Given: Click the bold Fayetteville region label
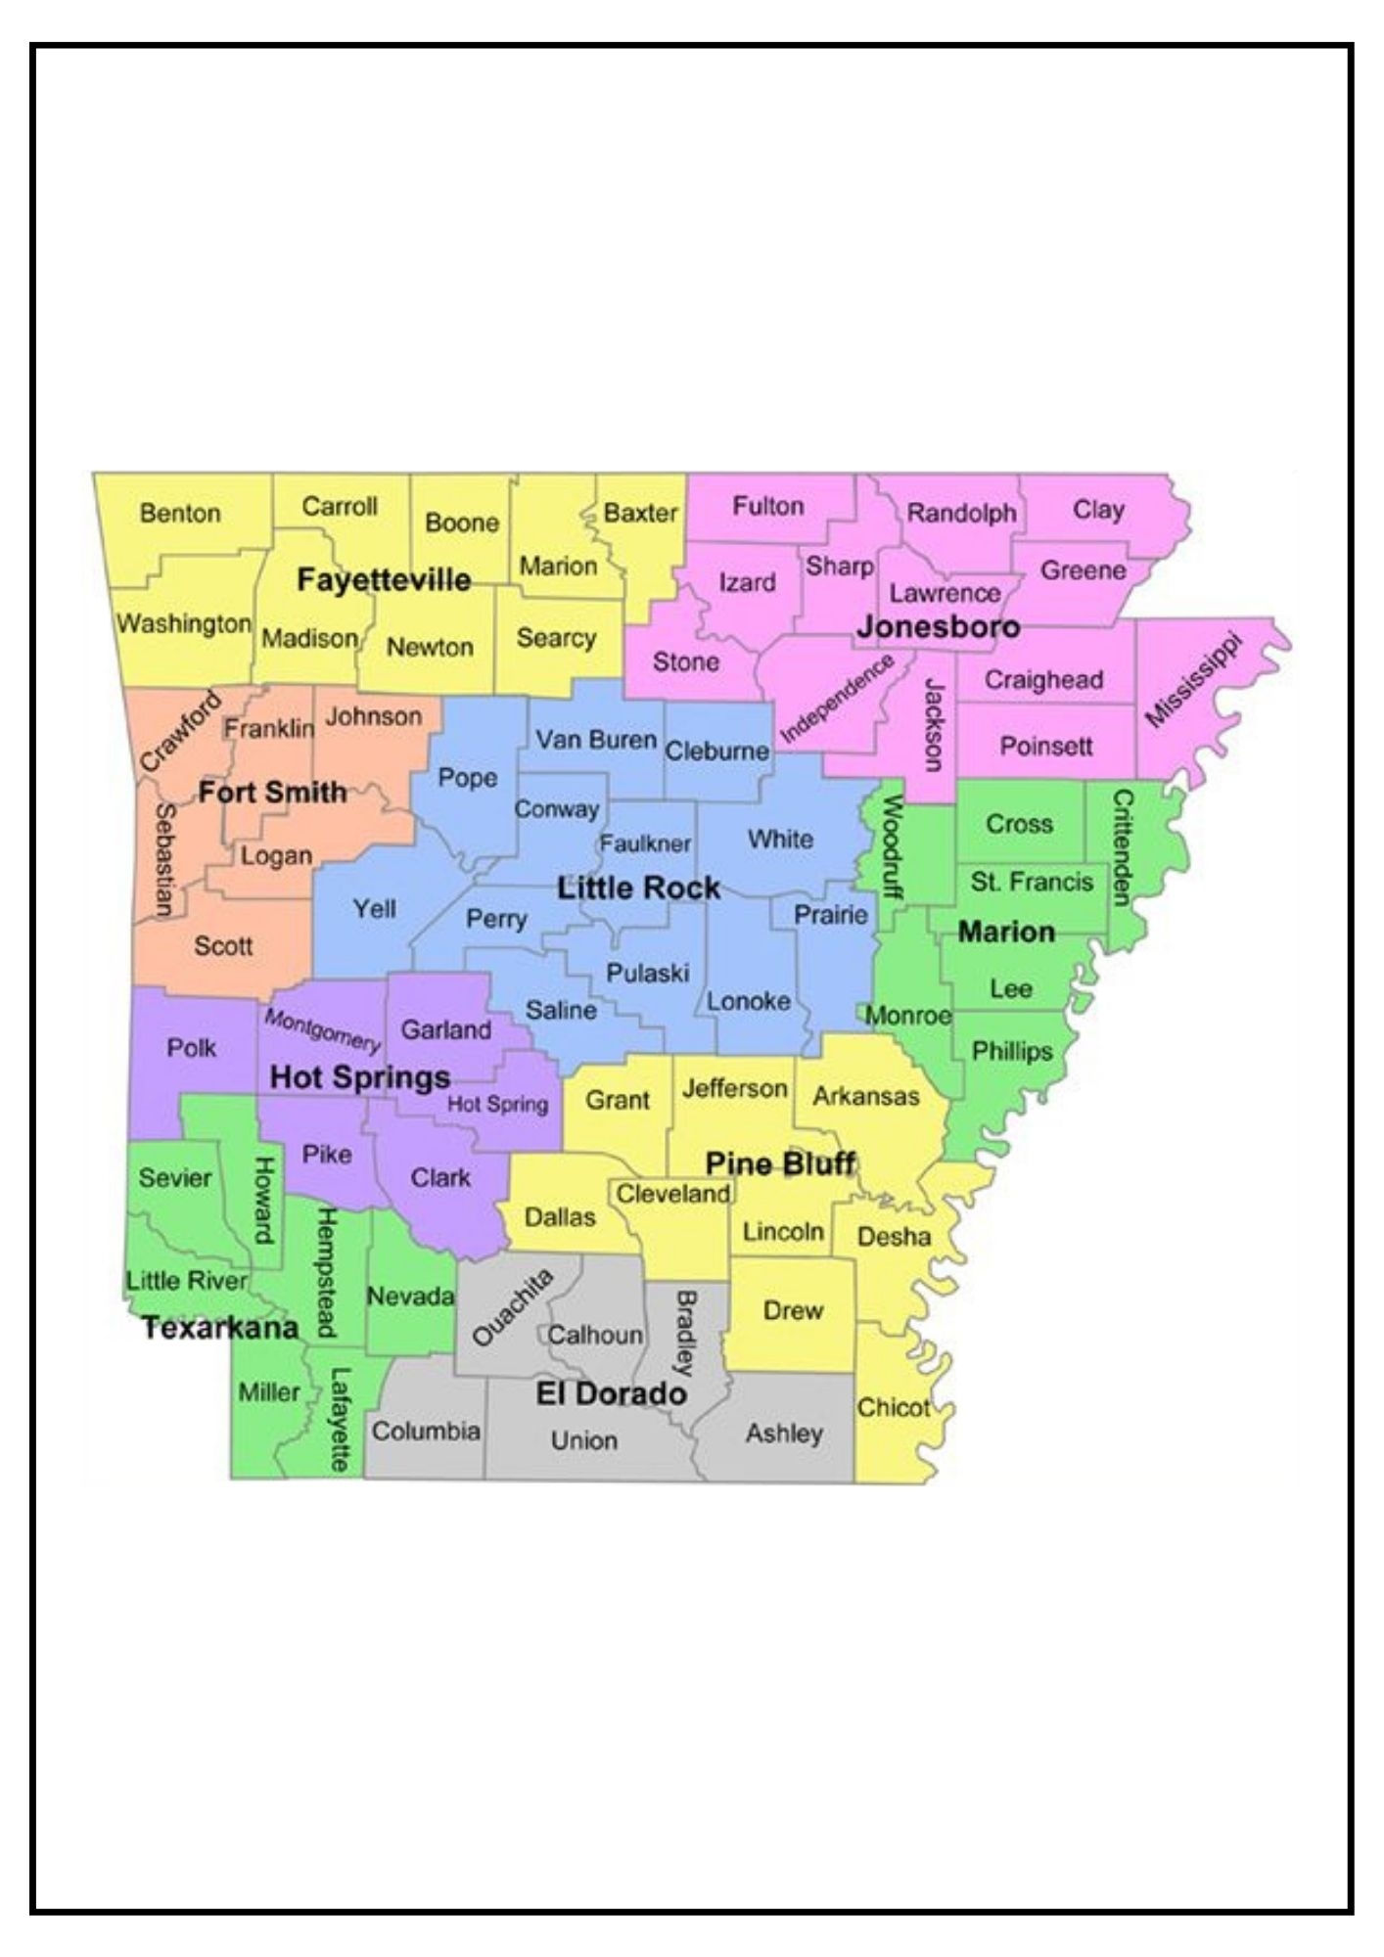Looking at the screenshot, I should [x=384, y=579].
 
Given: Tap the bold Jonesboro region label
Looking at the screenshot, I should [x=938, y=626].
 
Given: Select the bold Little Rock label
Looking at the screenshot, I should [x=638, y=888].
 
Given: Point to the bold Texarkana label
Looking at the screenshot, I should [x=220, y=1328].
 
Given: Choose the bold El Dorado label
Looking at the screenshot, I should [x=611, y=1393].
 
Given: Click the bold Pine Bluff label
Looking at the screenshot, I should [x=780, y=1163].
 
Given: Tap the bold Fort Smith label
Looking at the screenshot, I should [x=272, y=792].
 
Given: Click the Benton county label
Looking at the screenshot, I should [x=180, y=513].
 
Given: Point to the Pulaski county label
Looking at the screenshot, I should [x=647, y=973].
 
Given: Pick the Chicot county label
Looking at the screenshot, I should [x=893, y=1408].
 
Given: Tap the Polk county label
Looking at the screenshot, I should [x=192, y=1048].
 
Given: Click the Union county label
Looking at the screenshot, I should [x=583, y=1440].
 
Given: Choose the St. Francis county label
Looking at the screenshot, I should [x=1032, y=882].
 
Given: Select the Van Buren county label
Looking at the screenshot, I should [x=595, y=740].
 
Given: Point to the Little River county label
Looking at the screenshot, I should [x=187, y=1280].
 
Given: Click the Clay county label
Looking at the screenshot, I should [x=1098, y=510].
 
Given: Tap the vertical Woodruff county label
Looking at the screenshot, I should [x=893, y=847].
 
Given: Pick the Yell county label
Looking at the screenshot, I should [x=375, y=909].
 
